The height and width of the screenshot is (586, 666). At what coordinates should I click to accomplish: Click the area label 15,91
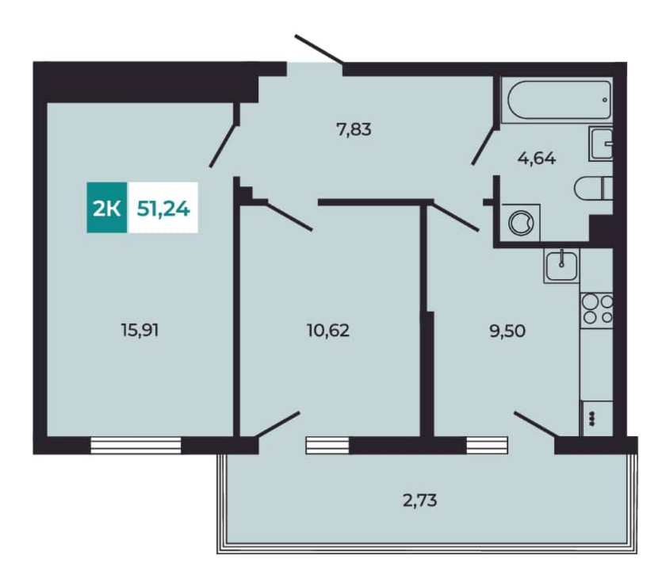point(140,330)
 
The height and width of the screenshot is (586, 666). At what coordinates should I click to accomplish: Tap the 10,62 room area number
point(328,330)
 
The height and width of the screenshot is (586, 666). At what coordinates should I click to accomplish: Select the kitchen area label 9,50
point(507,331)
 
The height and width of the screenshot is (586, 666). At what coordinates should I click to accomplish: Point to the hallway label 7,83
point(354,129)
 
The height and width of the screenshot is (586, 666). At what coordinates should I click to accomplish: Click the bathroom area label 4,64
point(537,159)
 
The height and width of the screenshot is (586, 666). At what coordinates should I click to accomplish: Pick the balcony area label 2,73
point(419,500)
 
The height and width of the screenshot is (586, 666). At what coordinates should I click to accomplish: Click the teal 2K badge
point(106,208)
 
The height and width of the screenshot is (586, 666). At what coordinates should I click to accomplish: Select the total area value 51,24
point(163,209)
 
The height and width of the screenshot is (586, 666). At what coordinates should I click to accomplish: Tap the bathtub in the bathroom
point(557,100)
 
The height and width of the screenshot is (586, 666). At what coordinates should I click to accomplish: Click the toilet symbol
point(593,188)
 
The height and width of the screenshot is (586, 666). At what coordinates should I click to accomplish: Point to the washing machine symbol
point(521,223)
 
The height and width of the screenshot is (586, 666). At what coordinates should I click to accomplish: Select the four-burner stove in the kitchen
point(596,310)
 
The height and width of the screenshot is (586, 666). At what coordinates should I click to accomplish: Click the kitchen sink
point(561,266)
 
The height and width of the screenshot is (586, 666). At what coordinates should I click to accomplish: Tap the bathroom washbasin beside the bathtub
point(601,144)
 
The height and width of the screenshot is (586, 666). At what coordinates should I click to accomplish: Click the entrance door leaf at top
point(319,50)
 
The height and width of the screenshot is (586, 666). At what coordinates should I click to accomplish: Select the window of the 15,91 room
point(136,445)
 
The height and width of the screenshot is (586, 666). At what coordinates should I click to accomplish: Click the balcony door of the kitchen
point(535,424)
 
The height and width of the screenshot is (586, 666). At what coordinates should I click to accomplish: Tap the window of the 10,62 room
point(327,445)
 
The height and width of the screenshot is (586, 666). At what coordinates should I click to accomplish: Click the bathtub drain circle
point(605,100)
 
